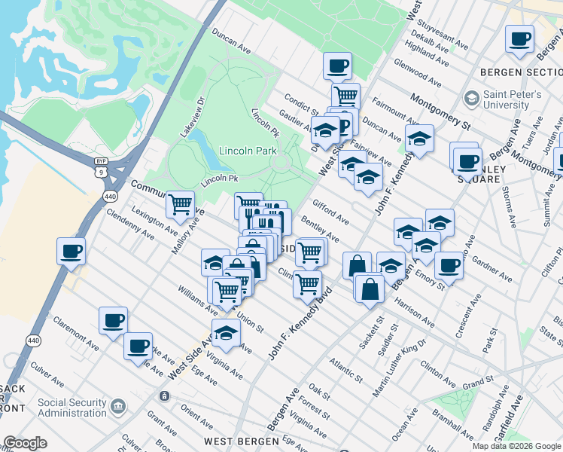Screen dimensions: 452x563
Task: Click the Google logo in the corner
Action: click(x=25, y=443)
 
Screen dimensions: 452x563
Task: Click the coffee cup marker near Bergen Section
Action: click(x=519, y=38)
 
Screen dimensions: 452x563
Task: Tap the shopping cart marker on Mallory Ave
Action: click(x=180, y=203)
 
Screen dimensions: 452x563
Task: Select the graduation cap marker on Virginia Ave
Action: click(x=226, y=331)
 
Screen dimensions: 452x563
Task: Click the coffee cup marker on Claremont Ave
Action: click(x=114, y=320)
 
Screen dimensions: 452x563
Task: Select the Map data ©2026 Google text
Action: click(x=516, y=446)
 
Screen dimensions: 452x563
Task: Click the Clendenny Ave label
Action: click(x=131, y=224)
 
